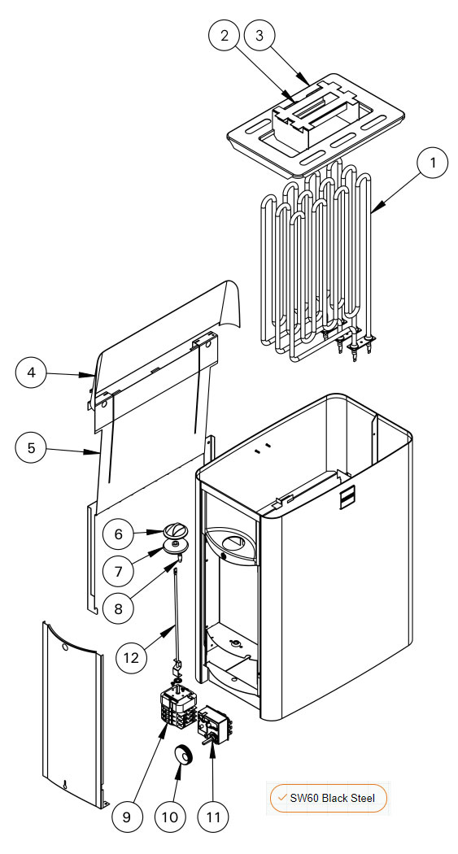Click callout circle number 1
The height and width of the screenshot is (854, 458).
tap(433, 163)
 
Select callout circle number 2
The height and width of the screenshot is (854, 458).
tap(225, 36)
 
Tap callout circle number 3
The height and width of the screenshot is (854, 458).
tap(260, 36)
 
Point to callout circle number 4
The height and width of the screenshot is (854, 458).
tap(31, 373)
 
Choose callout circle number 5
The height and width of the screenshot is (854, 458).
tap(31, 447)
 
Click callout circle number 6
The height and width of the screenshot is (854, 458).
tap(119, 534)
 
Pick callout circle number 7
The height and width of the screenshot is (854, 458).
tap(119, 571)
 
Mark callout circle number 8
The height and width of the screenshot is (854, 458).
tap(119, 608)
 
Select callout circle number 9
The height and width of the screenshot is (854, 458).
tap(127, 817)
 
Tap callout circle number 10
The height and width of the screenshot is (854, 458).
tap(170, 817)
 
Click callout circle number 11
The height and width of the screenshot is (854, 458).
tap(213, 817)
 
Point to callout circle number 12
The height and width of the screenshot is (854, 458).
tap(131, 657)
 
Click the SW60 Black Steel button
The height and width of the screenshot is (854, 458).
tap(329, 798)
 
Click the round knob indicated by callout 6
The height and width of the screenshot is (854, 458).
tap(176, 529)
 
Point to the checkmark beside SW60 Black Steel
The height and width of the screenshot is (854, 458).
tap(282, 797)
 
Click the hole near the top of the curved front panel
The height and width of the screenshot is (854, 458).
tap(65, 648)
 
